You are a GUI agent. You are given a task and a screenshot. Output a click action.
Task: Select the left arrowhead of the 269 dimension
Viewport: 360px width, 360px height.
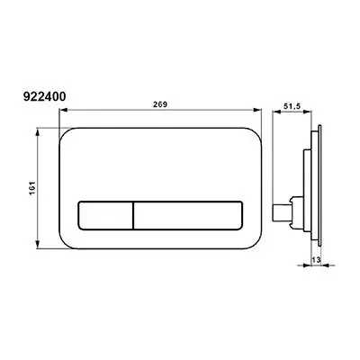(62, 111)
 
